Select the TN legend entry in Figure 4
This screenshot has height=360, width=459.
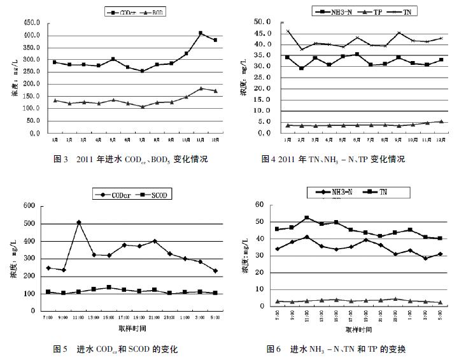392,11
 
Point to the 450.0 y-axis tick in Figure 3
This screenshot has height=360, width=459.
31,23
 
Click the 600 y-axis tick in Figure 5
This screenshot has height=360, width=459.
29,205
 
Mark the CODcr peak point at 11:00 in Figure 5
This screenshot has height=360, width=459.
79,222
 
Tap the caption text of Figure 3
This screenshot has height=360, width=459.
131,159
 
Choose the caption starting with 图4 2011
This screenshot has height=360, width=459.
333,159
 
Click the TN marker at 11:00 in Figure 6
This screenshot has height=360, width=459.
306,218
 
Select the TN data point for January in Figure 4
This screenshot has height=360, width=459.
288,31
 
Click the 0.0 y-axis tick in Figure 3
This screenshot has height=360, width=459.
33,134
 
